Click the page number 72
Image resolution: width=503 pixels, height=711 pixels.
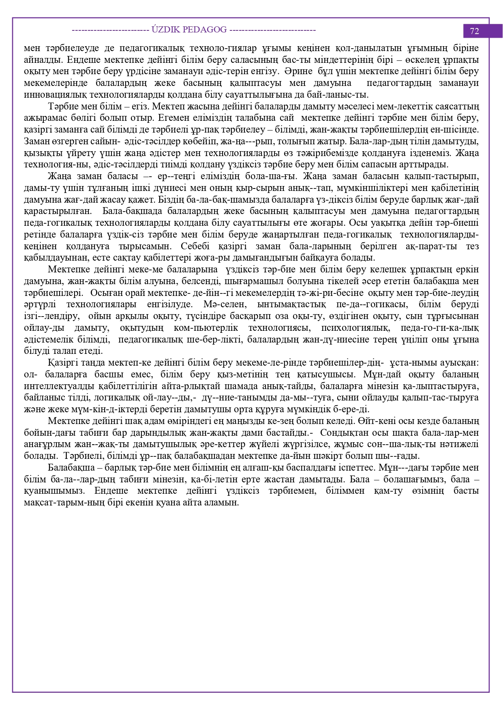tap(474, 31)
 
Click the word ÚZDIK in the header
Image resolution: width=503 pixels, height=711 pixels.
tap(166, 30)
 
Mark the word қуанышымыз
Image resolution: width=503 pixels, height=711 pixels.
tap(54, 491)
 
